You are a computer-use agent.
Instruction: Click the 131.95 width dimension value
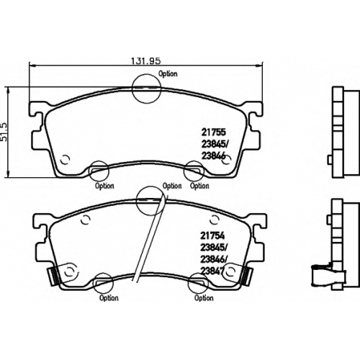[145, 60]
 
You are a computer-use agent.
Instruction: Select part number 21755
[213, 132]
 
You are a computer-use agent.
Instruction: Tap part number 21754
[212, 235]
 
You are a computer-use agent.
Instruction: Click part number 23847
[212, 271]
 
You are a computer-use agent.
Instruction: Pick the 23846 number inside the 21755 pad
[213, 156]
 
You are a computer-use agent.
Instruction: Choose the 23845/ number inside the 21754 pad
[214, 248]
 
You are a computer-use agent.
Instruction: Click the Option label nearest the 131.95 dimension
[168, 73]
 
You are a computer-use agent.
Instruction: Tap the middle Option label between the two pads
[172, 186]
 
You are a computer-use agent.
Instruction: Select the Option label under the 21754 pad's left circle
[109, 298]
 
